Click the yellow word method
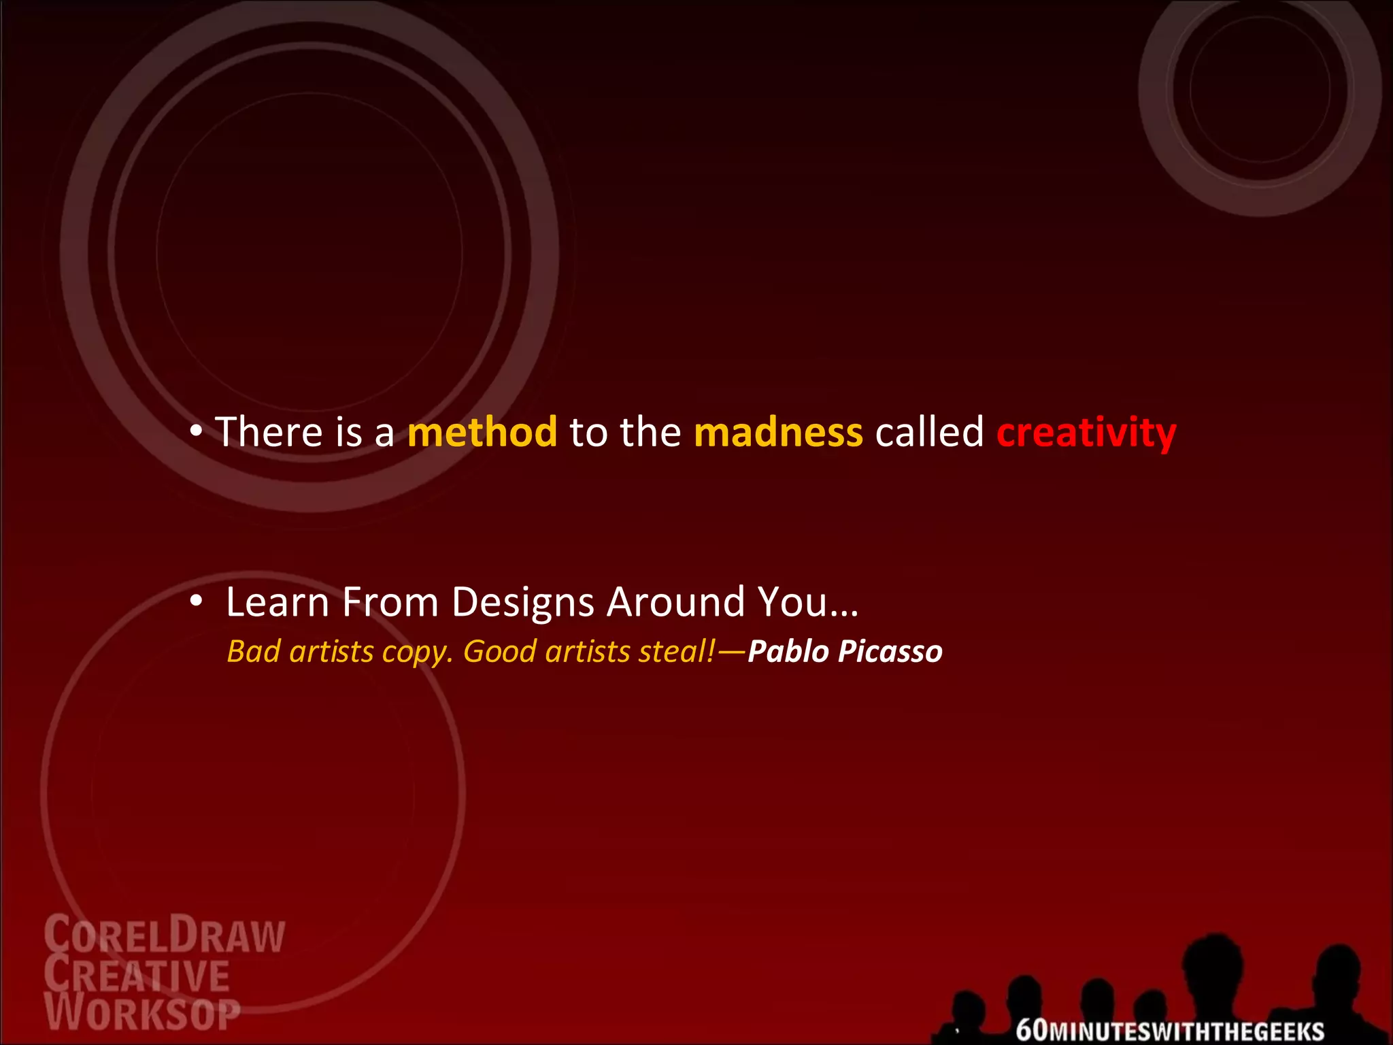tap(482, 432)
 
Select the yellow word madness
tap(778, 432)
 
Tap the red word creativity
tap(1086, 433)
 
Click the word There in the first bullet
tap(269, 432)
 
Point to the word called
tap(929, 432)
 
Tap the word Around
tap(675, 602)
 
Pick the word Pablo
tap(788, 652)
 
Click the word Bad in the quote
tap(253, 652)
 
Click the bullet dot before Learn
tap(197, 601)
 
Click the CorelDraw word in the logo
tap(164, 935)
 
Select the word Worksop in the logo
tap(142, 1014)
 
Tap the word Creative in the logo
tap(137, 975)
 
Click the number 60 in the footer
tap(1032, 1030)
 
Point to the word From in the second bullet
tap(390, 602)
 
